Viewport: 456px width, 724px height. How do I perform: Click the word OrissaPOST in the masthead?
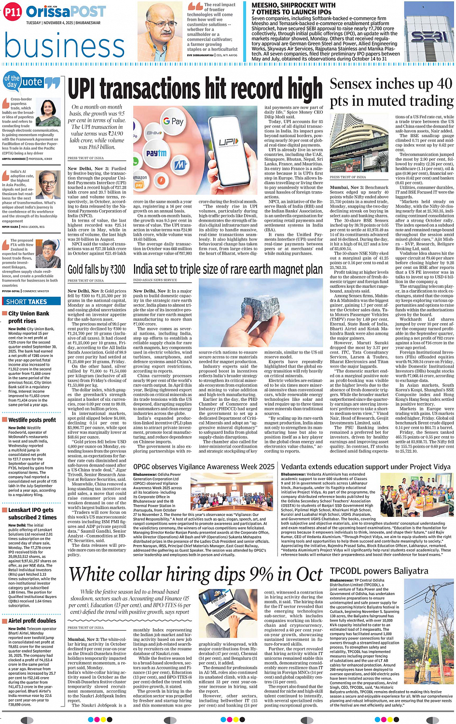(66, 12)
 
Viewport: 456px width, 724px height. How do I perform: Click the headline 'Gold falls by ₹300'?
(97, 269)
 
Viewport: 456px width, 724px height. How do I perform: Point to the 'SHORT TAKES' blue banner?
(27, 301)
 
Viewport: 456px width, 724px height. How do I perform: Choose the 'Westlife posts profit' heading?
(32, 420)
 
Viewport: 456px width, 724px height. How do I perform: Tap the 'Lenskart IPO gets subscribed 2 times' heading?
(31, 513)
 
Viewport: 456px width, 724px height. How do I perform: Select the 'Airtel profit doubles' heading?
(32, 621)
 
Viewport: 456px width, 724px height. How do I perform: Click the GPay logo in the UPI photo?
(173, 122)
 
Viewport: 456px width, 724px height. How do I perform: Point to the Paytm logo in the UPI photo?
(156, 153)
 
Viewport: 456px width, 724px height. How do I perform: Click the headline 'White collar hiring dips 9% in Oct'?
(195, 574)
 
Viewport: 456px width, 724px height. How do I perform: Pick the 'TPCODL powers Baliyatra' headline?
(379, 571)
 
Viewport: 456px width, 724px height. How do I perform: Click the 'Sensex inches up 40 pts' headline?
(391, 92)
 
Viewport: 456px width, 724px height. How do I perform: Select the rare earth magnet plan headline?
(228, 269)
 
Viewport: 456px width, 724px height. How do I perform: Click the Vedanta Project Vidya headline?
(366, 467)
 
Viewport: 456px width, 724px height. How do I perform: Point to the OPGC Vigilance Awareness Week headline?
(204, 467)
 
